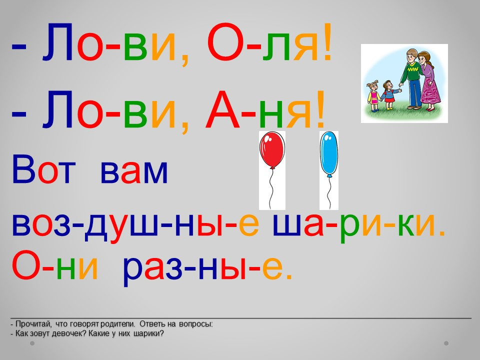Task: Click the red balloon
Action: click(272, 150)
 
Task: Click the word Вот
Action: click(43, 169)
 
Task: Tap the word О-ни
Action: click(55, 265)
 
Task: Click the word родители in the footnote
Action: click(118, 324)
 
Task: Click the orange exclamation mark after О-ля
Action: click(327, 41)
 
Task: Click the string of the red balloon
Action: click(271, 189)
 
